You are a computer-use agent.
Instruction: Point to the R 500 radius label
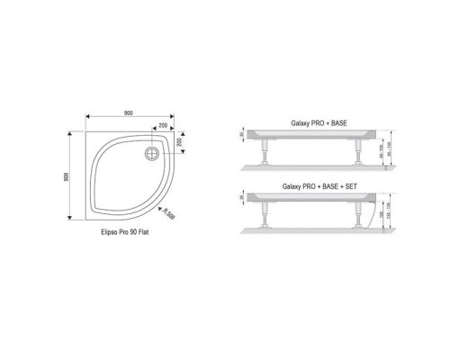click(x=167, y=213)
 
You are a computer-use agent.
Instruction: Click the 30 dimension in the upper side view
click(x=242, y=133)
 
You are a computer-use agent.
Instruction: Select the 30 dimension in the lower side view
click(x=242, y=198)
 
